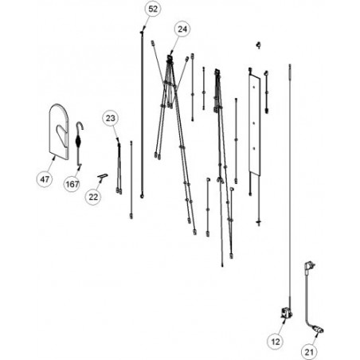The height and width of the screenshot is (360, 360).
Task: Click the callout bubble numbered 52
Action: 153,10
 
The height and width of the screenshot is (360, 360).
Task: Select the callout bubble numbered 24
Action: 182,29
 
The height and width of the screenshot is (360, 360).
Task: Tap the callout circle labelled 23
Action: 111,118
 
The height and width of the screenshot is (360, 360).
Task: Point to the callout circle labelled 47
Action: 45,179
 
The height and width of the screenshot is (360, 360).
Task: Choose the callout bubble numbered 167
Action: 72,184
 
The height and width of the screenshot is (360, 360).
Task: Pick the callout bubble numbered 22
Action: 93,197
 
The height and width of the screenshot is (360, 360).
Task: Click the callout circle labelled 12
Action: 276,342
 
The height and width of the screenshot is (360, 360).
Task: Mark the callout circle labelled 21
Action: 309,352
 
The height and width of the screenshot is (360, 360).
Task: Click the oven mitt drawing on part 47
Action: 62,133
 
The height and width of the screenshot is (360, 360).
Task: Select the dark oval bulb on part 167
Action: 79,141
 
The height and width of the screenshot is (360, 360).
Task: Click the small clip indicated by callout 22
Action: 102,177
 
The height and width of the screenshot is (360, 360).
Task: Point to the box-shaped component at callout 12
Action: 288,313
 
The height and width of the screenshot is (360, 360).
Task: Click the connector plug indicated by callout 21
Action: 319,330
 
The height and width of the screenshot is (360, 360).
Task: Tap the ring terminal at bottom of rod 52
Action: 143,196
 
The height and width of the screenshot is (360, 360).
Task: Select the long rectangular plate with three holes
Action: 255,124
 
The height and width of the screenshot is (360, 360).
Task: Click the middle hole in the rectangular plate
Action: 254,123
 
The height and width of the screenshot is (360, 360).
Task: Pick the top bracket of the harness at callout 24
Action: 170,57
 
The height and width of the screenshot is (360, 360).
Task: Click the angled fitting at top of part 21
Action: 310,266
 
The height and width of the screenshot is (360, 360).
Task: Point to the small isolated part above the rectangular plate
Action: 258,45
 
